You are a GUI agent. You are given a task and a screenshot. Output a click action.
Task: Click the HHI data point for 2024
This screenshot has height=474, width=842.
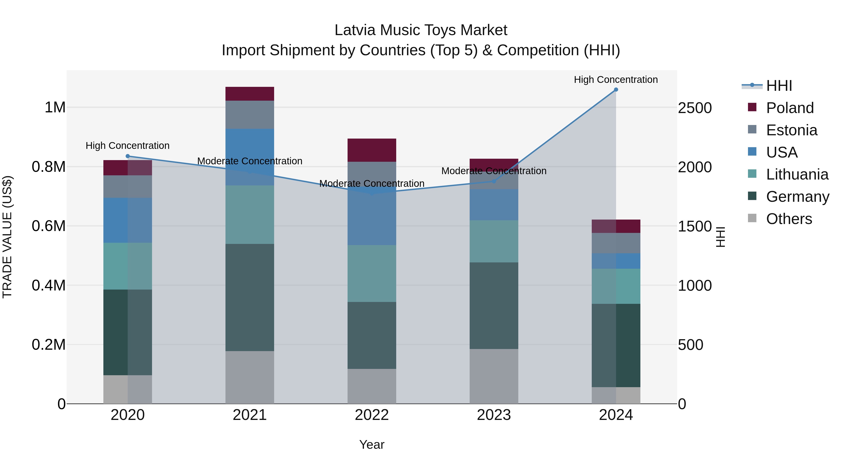[616, 90]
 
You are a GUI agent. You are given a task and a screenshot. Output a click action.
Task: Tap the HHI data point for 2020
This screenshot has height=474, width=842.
[128, 156]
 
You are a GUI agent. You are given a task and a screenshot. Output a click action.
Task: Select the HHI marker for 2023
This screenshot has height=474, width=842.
[494, 181]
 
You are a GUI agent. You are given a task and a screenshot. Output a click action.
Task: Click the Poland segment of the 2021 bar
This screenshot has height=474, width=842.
[250, 94]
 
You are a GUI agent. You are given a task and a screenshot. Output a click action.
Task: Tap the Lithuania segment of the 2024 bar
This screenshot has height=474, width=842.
[616, 286]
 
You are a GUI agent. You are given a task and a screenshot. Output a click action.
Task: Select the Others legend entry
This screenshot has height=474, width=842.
[789, 219]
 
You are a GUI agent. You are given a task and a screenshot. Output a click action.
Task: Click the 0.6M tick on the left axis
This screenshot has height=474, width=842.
[49, 226]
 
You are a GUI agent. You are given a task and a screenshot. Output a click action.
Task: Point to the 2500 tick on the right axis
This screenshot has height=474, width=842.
[695, 108]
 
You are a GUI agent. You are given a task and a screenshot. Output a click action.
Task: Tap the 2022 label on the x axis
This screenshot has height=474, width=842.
[372, 415]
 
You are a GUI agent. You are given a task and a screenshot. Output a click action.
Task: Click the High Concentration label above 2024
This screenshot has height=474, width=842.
[616, 80]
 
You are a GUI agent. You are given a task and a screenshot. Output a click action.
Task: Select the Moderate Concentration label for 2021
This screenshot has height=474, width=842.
[250, 161]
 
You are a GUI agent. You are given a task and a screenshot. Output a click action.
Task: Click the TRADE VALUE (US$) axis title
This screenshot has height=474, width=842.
[7, 237]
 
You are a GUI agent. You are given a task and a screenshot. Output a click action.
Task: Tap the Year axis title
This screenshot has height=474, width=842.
[372, 445]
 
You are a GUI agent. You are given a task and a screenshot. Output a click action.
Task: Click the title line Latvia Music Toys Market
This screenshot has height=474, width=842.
[421, 30]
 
